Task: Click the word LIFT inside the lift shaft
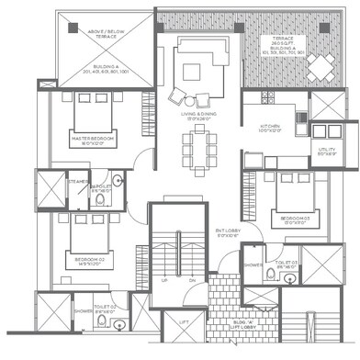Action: tap(185, 323)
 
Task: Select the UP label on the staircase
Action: tap(164, 280)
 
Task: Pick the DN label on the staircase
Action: tap(193, 280)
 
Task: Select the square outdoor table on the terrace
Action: tap(321, 65)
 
